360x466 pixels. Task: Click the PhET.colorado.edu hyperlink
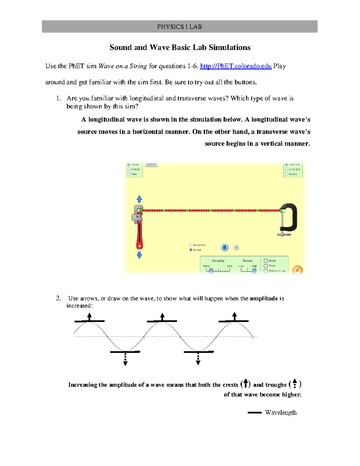235,66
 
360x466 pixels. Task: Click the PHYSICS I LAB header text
179,27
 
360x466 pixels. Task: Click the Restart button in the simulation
151,164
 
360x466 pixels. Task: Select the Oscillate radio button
129,169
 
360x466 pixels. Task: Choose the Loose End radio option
286,169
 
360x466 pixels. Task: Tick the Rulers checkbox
266,261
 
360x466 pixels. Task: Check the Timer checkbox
266,266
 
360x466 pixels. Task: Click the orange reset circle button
297,270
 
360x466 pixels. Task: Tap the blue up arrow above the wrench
139,199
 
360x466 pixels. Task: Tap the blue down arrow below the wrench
139,255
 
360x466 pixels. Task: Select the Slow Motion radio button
191,245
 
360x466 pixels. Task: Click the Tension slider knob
254,271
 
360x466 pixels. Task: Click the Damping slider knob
211,271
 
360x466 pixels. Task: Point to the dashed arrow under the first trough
125,359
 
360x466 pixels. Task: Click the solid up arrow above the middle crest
162,317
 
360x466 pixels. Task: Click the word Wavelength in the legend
280,413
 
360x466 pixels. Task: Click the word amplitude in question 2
264,298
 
